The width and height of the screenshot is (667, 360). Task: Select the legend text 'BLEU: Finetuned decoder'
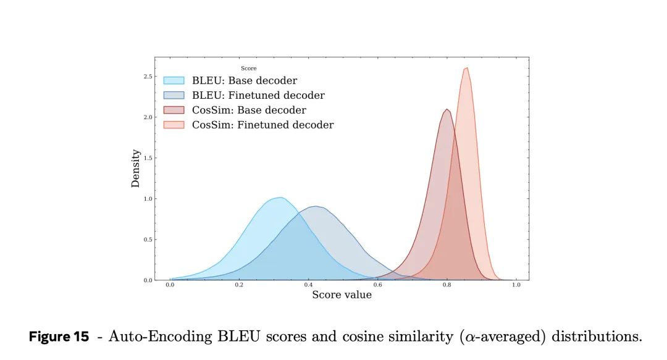click(x=258, y=96)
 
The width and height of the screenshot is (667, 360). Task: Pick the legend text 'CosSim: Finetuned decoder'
click(x=262, y=125)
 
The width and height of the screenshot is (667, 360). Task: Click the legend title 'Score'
click(x=248, y=69)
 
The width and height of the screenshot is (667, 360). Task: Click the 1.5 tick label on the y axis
click(x=148, y=158)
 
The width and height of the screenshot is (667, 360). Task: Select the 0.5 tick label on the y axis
click(x=148, y=240)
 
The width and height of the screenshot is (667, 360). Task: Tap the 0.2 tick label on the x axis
click(x=239, y=285)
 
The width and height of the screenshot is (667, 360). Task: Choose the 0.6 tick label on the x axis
click(x=377, y=285)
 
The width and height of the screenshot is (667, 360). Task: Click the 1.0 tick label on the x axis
click(x=516, y=285)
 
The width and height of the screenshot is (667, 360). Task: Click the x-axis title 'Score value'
click(x=342, y=295)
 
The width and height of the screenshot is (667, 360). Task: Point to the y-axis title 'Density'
click(x=136, y=169)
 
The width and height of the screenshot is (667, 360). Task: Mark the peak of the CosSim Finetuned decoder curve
click(x=466, y=68)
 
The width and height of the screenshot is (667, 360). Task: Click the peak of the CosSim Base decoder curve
click(x=446, y=109)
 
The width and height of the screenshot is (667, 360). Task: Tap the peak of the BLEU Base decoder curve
click(x=280, y=198)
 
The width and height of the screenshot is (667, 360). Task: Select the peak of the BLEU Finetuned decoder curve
click(x=316, y=206)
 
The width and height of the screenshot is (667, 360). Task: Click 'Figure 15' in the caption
click(x=59, y=337)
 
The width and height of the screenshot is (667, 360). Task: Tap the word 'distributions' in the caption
click(x=595, y=337)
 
